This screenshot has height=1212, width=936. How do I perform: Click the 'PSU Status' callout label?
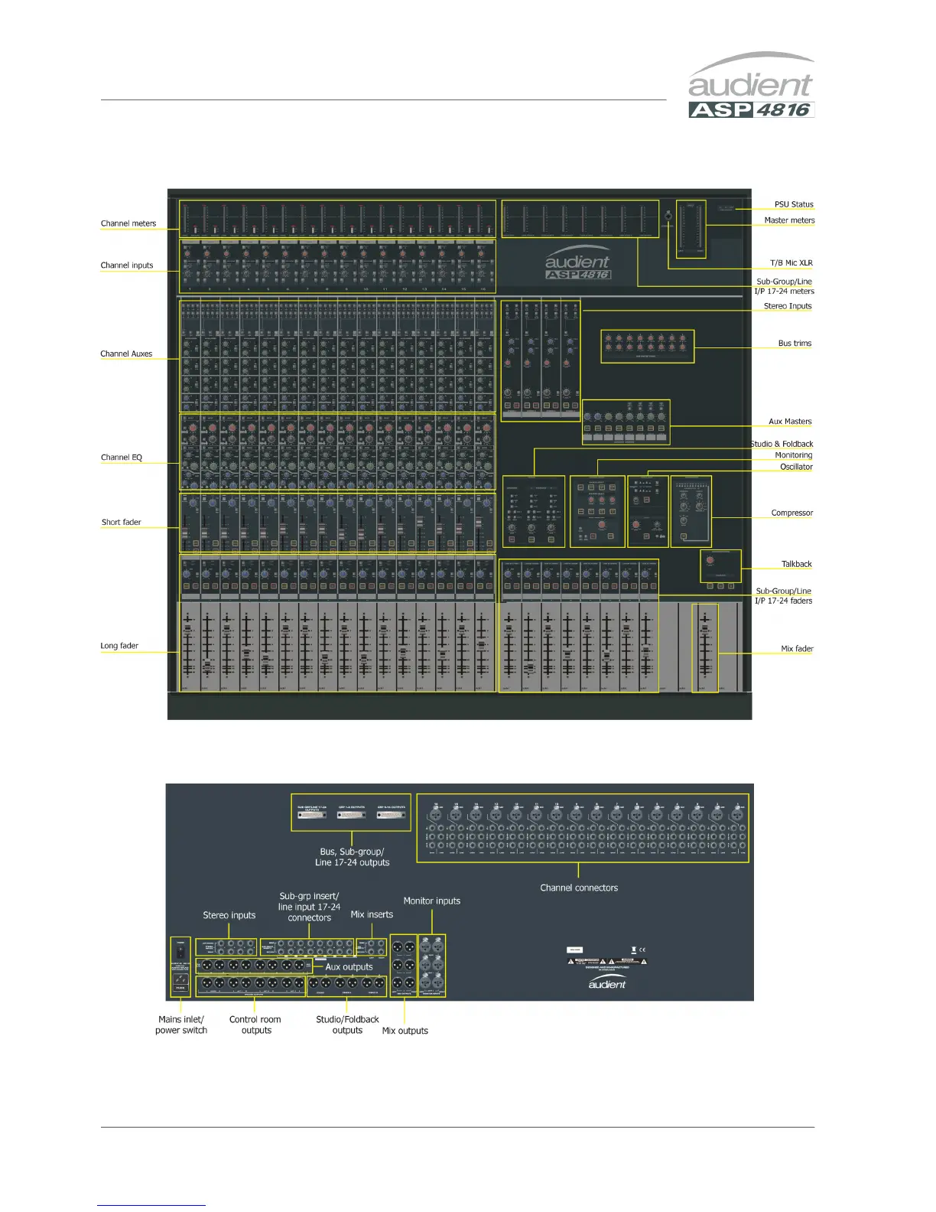(794, 204)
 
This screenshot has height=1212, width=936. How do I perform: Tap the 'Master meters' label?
(789, 220)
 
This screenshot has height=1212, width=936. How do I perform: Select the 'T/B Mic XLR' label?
(791, 263)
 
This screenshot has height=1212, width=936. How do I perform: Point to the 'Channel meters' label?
(128, 223)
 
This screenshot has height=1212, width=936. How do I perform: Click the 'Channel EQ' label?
(122, 458)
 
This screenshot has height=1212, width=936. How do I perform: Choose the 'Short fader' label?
(122, 523)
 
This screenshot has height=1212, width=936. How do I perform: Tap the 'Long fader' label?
(119, 646)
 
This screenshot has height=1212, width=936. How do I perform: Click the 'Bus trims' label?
(795, 344)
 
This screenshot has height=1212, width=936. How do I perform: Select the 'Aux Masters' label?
(790, 422)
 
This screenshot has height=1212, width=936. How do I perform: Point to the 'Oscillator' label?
(796, 467)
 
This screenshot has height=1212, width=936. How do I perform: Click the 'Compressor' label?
(791, 513)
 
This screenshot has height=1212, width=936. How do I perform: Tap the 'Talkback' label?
(796, 565)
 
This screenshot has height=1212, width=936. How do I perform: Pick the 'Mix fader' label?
(797, 649)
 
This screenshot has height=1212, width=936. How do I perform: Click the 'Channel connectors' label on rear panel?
(579, 888)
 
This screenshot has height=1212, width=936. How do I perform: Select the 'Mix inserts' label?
(372, 914)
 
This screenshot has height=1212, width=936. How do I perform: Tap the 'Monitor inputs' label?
(432, 901)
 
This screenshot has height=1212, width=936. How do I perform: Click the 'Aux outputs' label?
(349, 967)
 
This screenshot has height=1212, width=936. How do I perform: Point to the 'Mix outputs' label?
(405, 1031)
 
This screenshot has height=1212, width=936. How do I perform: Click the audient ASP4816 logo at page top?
(751, 86)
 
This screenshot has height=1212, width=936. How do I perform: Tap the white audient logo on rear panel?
(607, 984)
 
